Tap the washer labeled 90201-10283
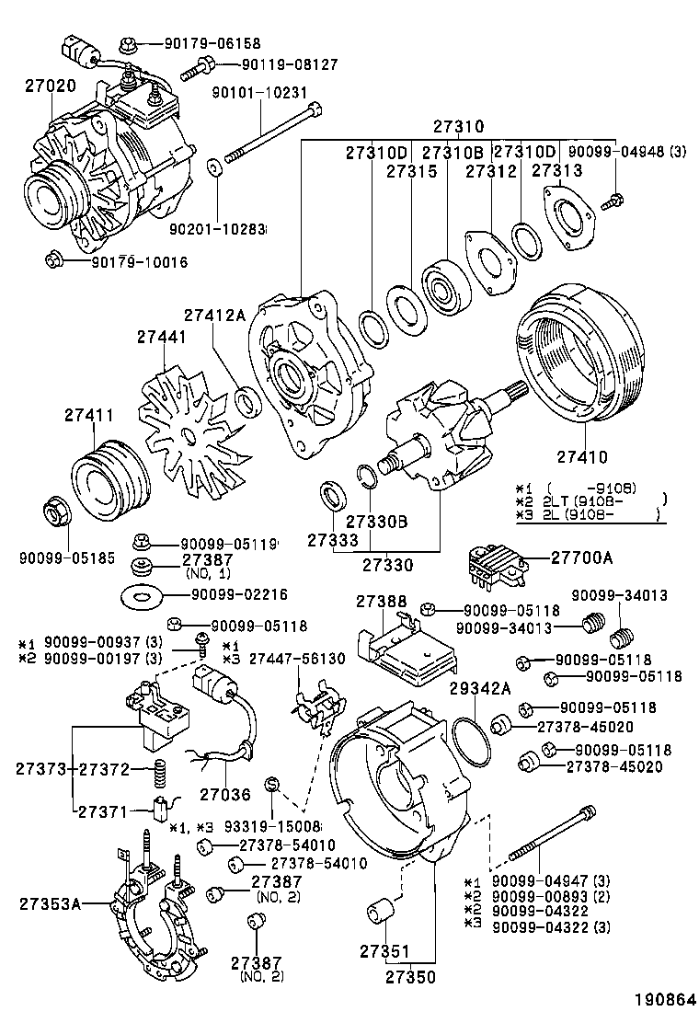tap(215, 169)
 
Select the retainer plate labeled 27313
tap(569, 214)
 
